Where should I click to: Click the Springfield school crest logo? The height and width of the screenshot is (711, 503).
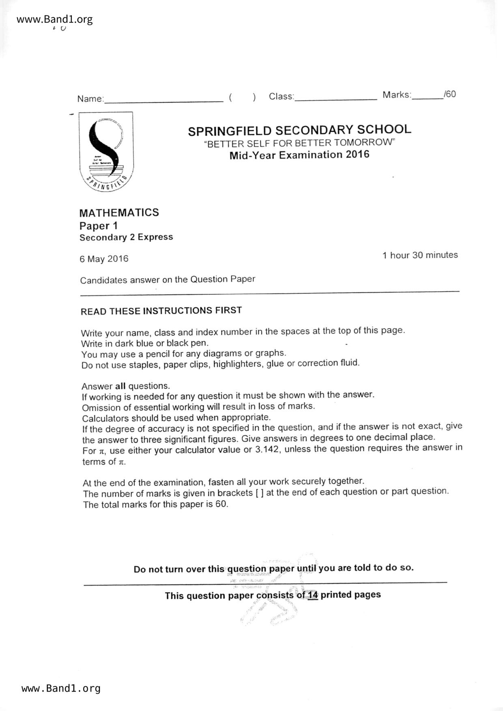click(x=106, y=152)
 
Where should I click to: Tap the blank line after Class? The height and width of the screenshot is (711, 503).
click(x=336, y=97)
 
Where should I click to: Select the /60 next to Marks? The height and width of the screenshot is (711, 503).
click(x=450, y=94)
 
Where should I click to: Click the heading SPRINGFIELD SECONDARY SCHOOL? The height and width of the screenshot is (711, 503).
click(x=299, y=130)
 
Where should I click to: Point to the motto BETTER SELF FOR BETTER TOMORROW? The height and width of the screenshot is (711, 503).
click(x=299, y=143)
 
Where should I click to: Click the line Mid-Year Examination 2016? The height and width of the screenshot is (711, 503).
click(x=299, y=155)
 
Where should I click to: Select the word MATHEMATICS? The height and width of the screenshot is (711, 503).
click(x=119, y=212)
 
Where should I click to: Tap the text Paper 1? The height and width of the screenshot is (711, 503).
click(x=98, y=226)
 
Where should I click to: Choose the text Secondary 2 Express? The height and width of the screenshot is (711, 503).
click(x=126, y=237)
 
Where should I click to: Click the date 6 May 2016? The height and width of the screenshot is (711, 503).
click(x=104, y=259)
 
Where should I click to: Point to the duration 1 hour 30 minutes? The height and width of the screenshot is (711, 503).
click(x=420, y=255)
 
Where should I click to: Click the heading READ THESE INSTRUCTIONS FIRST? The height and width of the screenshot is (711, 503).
click(x=161, y=311)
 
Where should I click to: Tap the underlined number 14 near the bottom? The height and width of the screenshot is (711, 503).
click(x=312, y=595)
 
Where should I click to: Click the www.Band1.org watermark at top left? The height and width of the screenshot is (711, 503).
click(x=55, y=19)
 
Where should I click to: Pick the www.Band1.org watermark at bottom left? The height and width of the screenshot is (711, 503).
click(x=61, y=688)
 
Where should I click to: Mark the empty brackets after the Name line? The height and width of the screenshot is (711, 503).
click(x=242, y=97)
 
